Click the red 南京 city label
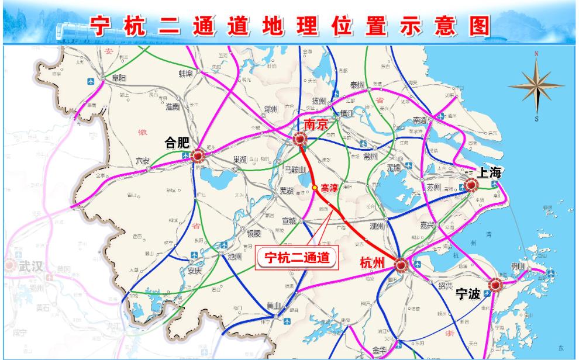click(315, 124)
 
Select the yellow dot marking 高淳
click(315, 188)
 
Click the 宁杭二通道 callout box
click(298, 257)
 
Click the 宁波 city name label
click(468, 294)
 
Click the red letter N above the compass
click(536, 54)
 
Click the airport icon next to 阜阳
click(91, 81)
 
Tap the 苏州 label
click(433, 188)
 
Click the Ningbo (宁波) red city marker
click(496, 285)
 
